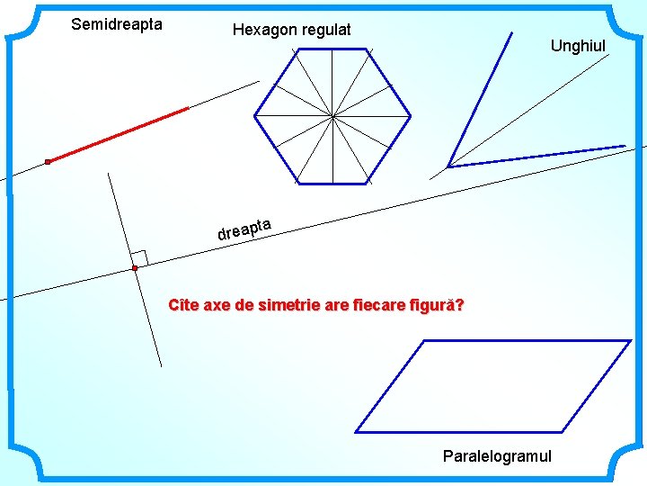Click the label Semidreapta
[117, 24]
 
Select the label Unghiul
[578, 46]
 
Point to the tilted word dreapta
[244, 229]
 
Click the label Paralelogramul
[497, 456]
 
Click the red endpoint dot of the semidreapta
[48, 162]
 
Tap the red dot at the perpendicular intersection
[134, 268]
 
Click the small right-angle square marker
[139, 257]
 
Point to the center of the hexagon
[332, 115]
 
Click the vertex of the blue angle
[448, 166]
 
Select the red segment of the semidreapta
[118, 135]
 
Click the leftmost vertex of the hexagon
[255, 115]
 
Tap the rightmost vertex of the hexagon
[411, 115]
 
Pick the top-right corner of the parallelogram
[631, 340]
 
